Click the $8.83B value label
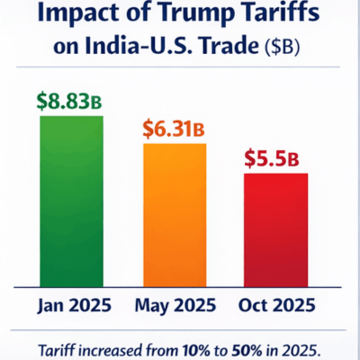(x=70, y=100)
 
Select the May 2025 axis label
(x=175, y=304)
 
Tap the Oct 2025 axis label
(x=277, y=304)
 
